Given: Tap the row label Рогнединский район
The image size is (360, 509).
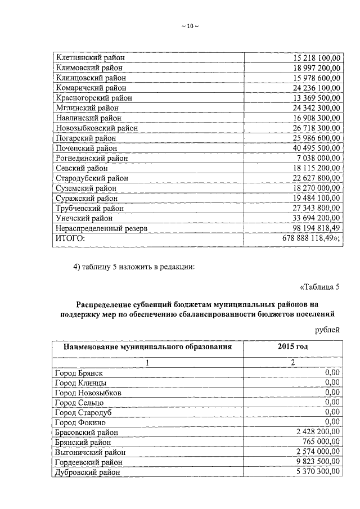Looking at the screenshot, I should click(x=92, y=158).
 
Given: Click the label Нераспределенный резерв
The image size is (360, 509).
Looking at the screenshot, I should click(x=101, y=228).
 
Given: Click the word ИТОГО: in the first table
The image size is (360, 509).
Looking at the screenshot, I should click(x=70, y=238).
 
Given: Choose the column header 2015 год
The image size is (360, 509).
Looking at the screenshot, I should click(x=292, y=347).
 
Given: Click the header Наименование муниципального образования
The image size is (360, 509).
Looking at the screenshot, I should click(x=147, y=347).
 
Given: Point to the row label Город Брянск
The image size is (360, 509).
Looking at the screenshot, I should click(x=79, y=372).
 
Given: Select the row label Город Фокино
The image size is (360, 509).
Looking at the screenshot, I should click(x=80, y=422).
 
